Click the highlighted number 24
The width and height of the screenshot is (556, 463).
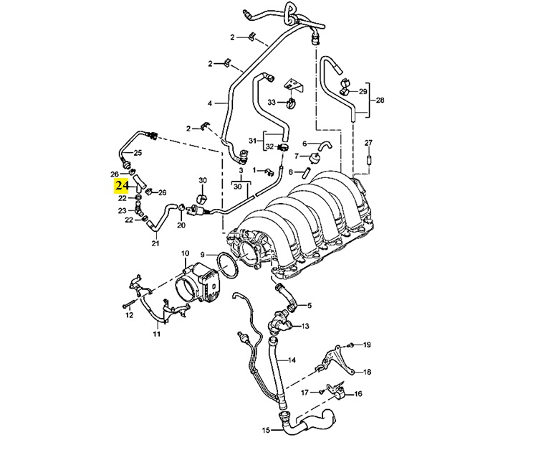coord(120,187)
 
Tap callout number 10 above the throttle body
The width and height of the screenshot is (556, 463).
coord(185,253)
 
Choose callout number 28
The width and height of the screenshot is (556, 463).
coord(380,100)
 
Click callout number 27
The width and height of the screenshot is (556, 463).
coord(368,141)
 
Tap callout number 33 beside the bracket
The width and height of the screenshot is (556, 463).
coord(272,103)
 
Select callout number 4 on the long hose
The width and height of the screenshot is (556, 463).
coord(210,103)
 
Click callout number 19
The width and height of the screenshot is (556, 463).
coord(367,345)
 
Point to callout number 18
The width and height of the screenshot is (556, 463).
coord(367,373)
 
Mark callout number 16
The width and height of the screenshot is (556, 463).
coord(358,393)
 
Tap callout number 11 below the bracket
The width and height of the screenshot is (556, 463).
coord(157,334)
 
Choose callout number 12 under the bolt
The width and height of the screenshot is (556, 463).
coord(129,314)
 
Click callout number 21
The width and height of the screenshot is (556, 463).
coord(155,244)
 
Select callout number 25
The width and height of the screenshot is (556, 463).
coord(138,152)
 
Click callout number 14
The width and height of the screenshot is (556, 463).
coord(292,359)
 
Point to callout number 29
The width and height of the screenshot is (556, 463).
coord(363,92)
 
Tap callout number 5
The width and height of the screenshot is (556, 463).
coord(310,305)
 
